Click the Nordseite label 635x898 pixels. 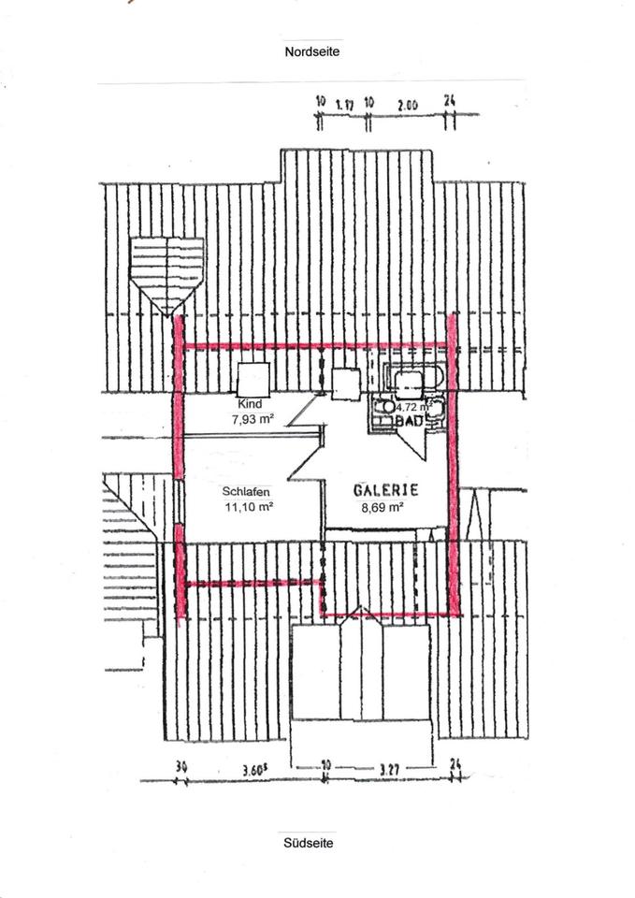[x=312, y=52]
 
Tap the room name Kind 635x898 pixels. [x=248, y=403]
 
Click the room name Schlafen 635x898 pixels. [x=246, y=493]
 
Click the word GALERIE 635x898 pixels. [x=384, y=490]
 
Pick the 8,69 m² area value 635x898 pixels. [x=382, y=508]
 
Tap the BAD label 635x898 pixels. [x=408, y=422]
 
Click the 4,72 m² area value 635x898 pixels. [x=412, y=408]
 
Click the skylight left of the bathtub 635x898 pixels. [x=346, y=383]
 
